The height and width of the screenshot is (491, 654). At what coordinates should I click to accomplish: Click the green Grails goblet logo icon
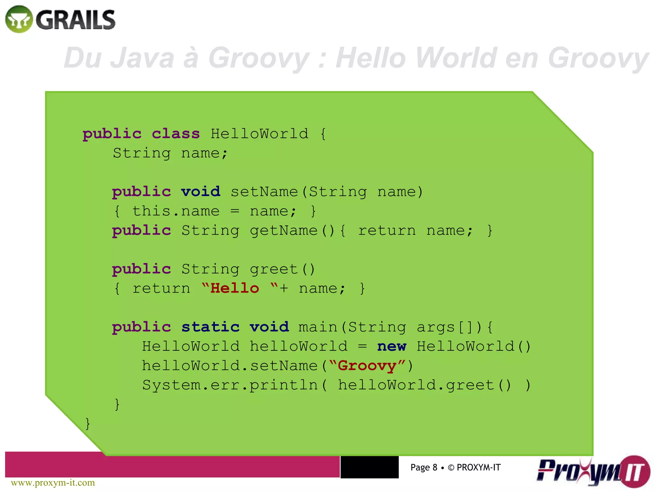(x=19, y=19)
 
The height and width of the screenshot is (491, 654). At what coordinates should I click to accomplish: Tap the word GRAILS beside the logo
(x=75, y=20)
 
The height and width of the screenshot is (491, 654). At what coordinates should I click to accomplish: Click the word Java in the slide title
(x=142, y=58)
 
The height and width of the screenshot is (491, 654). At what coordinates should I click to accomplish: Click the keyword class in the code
(x=176, y=134)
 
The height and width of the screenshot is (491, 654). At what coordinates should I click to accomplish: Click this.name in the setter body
(x=176, y=211)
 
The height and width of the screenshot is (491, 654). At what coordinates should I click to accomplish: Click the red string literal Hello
(x=235, y=289)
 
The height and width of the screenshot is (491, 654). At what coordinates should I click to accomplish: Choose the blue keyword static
(x=210, y=327)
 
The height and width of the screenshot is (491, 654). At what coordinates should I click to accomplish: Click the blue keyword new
(x=392, y=347)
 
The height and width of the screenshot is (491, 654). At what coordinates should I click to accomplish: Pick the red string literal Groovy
(x=367, y=366)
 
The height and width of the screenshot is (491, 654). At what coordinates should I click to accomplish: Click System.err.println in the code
(x=230, y=385)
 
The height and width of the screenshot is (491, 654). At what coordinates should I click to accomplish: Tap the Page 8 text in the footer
(x=424, y=467)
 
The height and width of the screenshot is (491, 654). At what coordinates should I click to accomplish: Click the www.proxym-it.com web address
(x=53, y=483)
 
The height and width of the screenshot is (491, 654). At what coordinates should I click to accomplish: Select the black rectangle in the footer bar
(x=369, y=467)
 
